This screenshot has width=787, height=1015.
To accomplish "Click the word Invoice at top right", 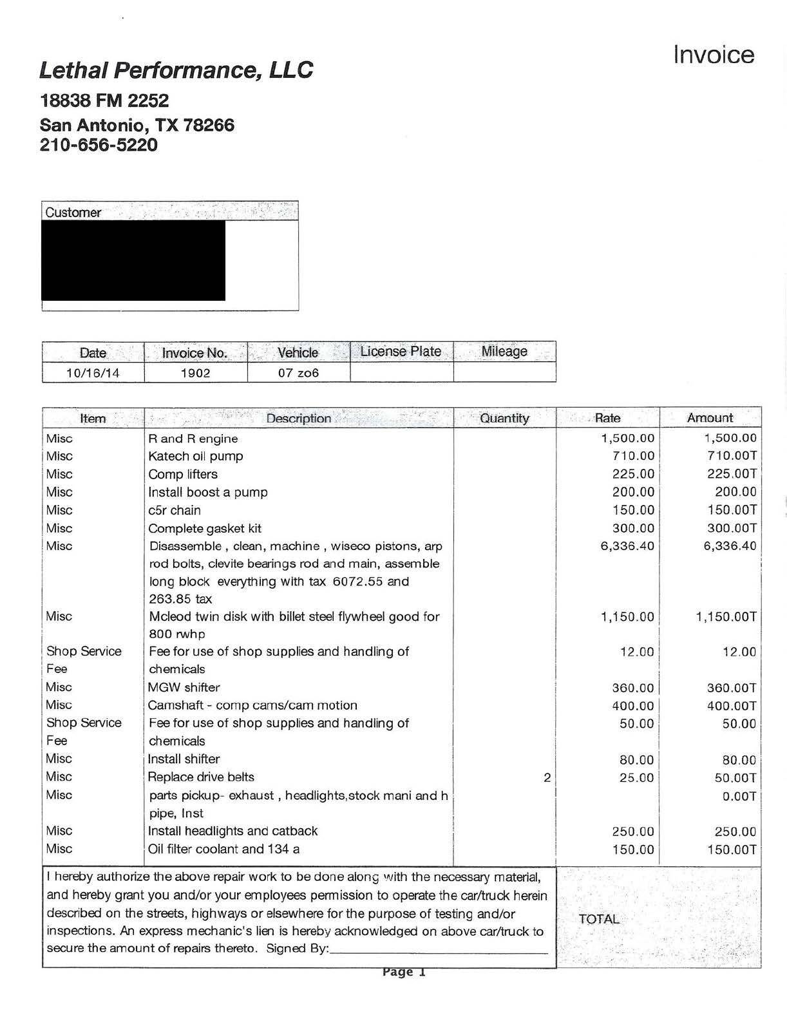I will pyautogui.click(x=713, y=55).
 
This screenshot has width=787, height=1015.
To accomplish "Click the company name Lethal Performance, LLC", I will pyautogui.click(x=176, y=70).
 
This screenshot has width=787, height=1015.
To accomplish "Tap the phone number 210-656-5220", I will pyautogui.click(x=99, y=145).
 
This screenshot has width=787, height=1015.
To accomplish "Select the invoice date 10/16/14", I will pyautogui.click(x=93, y=373).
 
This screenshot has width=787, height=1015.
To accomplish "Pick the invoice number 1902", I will pyautogui.click(x=195, y=373).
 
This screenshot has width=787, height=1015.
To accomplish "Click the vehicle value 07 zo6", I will pyautogui.click(x=298, y=373).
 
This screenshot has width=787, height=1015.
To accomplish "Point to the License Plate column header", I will pyautogui.click(x=401, y=352).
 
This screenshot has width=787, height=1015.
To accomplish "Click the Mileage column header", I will pyautogui.click(x=504, y=352).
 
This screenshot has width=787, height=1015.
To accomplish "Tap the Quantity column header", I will pyautogui.click(x=504, y=418).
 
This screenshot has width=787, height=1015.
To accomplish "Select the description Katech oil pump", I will pyautogui.click(x=196, y=457).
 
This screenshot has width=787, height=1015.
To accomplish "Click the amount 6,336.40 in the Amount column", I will pyautogui.click(x=730, y=546).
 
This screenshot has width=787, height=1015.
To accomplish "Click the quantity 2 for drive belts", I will pyautogui.click(x=547, y=777).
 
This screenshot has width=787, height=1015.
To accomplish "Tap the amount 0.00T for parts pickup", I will pyautogui.click(x=739, y=796).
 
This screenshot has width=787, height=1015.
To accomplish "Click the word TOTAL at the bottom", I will pyautogui.click(x=599, y=919).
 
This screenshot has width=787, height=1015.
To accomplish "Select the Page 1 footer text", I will pyautogui.click(x=404, y=972).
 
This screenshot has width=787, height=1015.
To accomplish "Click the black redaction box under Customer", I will pyautogui.click(x=133, y=261).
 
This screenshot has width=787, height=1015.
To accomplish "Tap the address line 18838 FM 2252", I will pyautogui.click(x=104, y=100).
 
